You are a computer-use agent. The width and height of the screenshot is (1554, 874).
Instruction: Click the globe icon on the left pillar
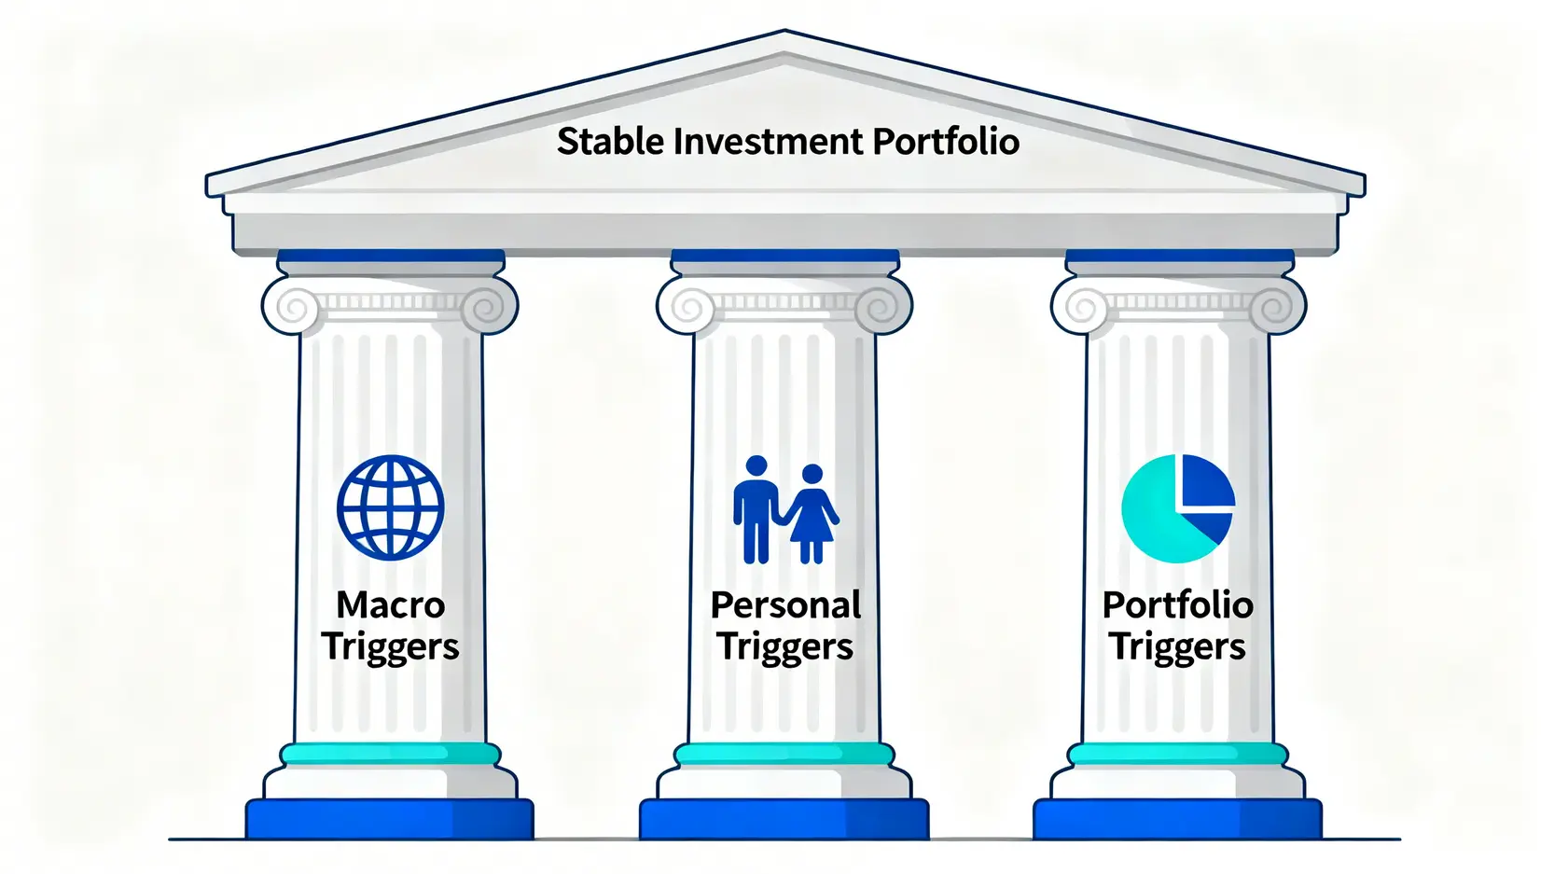pyautogui.click(x=391, y=507)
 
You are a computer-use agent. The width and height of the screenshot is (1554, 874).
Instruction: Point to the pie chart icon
pyautogui.click(x=1178, y=508)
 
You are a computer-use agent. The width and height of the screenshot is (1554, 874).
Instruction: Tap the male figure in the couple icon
pyautogui.click(x=756, y=508)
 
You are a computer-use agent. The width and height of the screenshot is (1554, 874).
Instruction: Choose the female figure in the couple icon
pyautogui.click(x=812, y=513)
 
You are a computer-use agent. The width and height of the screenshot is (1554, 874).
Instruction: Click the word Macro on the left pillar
pyautogui.click(x=391, y=604)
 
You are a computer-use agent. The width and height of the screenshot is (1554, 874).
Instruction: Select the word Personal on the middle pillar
pyautogui.click(x=785, y=604)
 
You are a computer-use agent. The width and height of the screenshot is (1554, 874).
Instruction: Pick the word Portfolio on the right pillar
pyautogui.click(x=1178, y=604)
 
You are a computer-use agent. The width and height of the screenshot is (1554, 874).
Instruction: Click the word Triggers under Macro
pyautogui.click(x=390, y=648)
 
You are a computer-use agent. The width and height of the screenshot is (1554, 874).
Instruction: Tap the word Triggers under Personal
pyautogui.click(x=784, y=648)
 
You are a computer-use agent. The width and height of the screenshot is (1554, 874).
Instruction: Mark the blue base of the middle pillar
pyautogui.click(x=784, y=819)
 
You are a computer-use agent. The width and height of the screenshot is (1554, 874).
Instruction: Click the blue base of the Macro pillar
pyautogui.click(x=390, y=819)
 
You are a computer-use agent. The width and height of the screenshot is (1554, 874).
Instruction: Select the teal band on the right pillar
pyautogui.click(x=1178, y=754)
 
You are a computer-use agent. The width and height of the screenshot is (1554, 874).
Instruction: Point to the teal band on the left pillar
pyautogui.click(x=390, y=754)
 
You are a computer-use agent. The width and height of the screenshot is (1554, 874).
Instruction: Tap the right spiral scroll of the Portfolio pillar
pyautogui.click(x=1277, y=307)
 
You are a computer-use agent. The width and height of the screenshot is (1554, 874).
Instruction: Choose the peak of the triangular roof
pyautogui.click(x=785, y=31)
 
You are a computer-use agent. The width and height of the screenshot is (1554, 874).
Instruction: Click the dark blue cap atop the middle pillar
pyautogui.click(x=784, y=256)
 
